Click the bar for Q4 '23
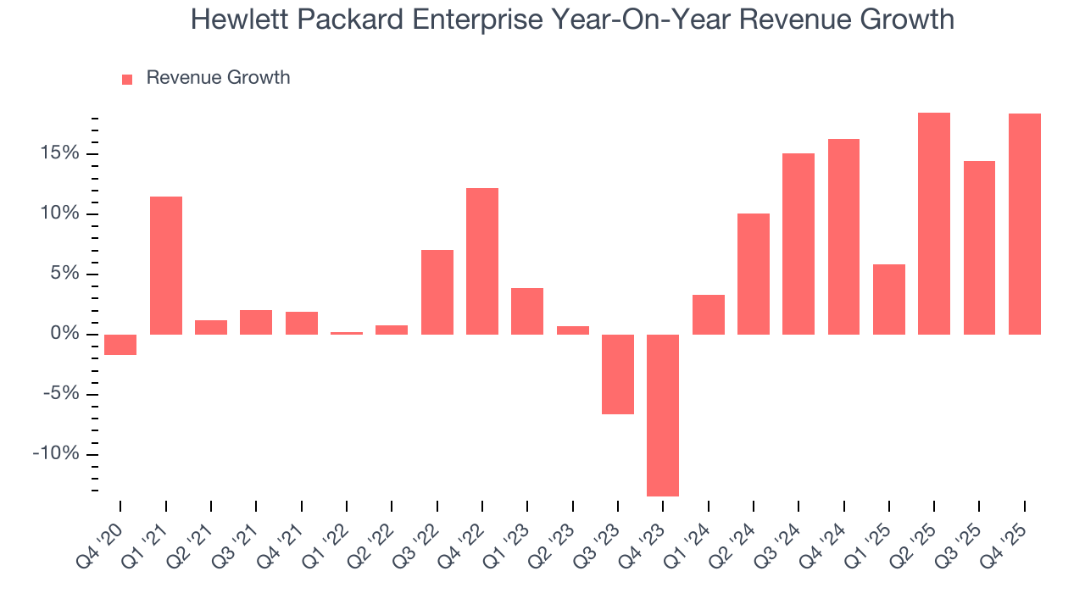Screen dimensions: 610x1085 [663, 415]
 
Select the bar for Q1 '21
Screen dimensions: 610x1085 [166, 265]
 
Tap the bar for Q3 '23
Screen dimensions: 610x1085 [618, 374]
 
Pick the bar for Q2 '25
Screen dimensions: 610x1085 [934, 224]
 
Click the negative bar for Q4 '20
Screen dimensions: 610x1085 [120, 344]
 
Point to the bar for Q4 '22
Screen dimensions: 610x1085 [482, 261]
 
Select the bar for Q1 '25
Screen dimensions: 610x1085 [889, 299]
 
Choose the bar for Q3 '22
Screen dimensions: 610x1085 [437, 292]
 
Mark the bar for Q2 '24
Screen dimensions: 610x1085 [754, 274]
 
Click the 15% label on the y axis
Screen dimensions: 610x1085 [58, 153]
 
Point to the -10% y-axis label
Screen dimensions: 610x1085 [55, 454]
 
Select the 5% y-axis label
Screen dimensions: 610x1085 [63, 274]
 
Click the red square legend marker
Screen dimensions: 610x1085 [127, 80]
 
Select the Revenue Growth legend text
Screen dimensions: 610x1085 [218, 78]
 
